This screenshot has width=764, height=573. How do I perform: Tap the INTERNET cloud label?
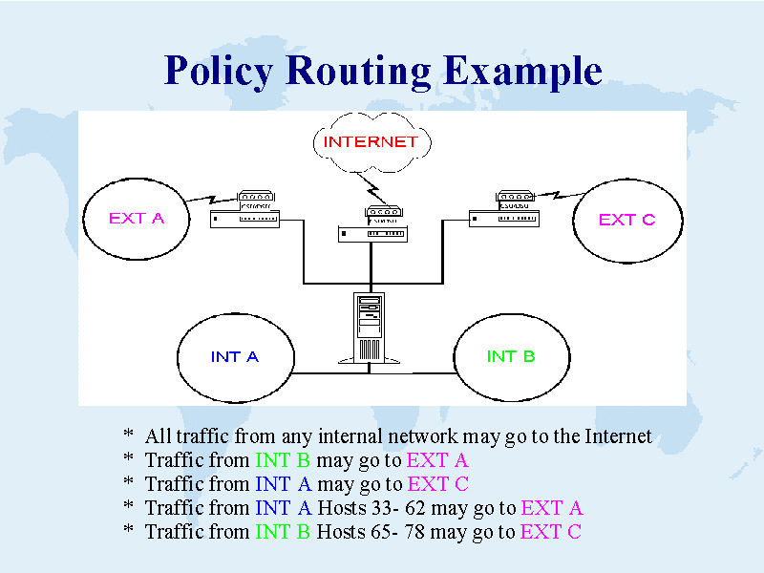point(371,142)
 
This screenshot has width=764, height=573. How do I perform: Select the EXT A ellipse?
point(136,218)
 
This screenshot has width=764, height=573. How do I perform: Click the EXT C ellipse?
point(626,220)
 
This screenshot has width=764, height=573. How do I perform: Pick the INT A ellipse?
point(235,357)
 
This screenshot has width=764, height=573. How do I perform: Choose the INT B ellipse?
point(511,357)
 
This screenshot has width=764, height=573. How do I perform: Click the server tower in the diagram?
point(370,328)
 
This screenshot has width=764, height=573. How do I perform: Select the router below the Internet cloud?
point(371,226)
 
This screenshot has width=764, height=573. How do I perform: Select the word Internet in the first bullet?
point(617,436)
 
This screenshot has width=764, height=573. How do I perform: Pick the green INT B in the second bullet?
point(283,460)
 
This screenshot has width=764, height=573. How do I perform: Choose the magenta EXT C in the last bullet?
point(550,532)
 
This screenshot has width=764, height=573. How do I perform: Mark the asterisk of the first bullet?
point(128,436)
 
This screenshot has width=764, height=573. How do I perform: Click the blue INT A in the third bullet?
point(283,484)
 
